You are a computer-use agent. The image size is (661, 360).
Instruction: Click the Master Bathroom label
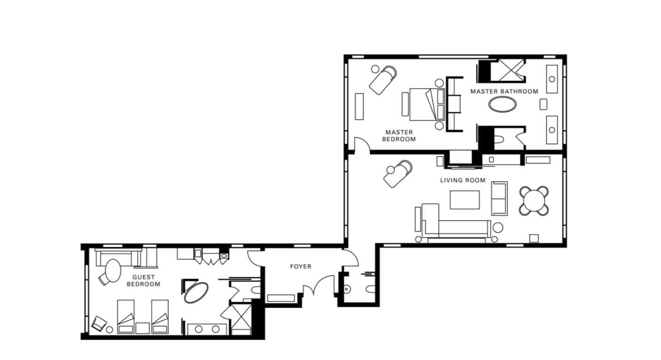(504, 91)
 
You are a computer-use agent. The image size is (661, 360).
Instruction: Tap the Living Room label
(463, 180)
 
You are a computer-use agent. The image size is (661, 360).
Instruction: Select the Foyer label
(301, 267)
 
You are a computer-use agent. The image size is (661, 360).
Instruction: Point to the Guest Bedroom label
(143, 280)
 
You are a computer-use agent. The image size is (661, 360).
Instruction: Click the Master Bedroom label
(399, 136)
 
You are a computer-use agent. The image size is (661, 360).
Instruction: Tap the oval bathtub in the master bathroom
(502, 104)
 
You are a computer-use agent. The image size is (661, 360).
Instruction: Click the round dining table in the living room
(534, 200)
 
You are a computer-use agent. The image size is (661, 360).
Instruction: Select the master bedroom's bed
(427, 104)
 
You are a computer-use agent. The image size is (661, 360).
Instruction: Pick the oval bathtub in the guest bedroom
(196, 292)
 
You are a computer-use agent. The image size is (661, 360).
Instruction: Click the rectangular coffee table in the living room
(464, 200)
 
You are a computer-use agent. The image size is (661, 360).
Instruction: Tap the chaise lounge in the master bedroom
(383, 80)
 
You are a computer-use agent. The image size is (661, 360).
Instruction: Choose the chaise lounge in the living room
(398, 174)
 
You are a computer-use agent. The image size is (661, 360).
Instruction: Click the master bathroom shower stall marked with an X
(511, 70)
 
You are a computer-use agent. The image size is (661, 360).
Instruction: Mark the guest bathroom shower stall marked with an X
(241, 317)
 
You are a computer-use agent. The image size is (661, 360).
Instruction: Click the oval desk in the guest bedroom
(113, 271)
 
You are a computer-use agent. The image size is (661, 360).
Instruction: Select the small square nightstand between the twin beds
(142, 328)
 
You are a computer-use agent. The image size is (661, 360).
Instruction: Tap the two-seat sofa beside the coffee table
(499, 198)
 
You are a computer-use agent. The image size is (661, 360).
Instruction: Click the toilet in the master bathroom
(502, 139)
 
